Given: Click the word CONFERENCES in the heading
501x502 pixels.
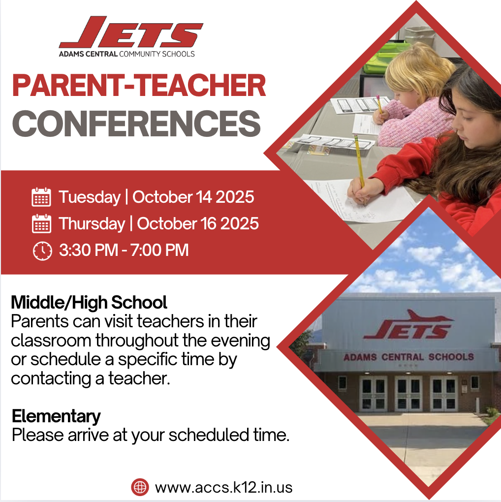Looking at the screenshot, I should [x=136, y=124].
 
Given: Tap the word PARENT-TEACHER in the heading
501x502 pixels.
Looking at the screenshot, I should [x=139, y=86].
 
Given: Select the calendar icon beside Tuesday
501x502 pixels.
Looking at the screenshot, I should [x=41, y=197].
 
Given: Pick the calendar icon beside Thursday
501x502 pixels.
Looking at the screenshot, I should [x=41, y=224].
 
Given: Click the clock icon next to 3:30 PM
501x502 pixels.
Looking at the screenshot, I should [x=42, y=251].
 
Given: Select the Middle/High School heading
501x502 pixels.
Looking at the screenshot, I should [x=89, y=302].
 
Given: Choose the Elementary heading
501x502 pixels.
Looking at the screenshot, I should [x=56, y=416].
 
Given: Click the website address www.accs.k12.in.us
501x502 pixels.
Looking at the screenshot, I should [x=223, y=487].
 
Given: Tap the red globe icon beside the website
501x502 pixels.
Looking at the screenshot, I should [x=140, y=487].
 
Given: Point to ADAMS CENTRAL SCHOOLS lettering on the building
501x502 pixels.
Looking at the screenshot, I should [x=408, y=357].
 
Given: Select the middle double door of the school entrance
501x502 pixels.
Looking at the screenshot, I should [x=409, y=394].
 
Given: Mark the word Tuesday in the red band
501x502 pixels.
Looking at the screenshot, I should [x=90, y=197].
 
